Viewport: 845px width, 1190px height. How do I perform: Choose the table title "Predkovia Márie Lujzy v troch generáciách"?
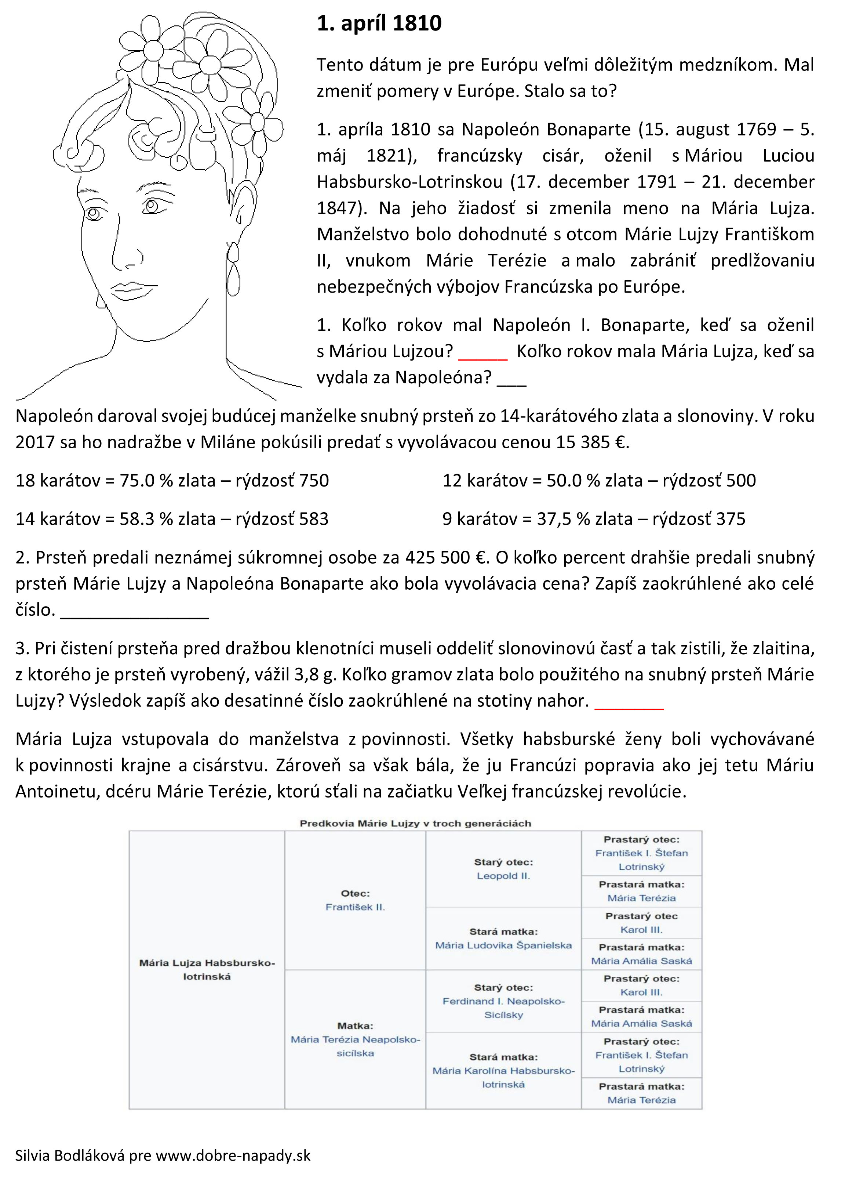point(415,824)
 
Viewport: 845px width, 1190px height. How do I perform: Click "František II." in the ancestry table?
point(356,907)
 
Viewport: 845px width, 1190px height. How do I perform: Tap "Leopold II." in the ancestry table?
point(503,876)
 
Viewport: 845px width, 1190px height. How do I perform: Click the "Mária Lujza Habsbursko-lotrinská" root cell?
point(207,969)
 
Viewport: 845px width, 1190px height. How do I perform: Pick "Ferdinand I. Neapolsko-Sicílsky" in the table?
point(503,1008)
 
